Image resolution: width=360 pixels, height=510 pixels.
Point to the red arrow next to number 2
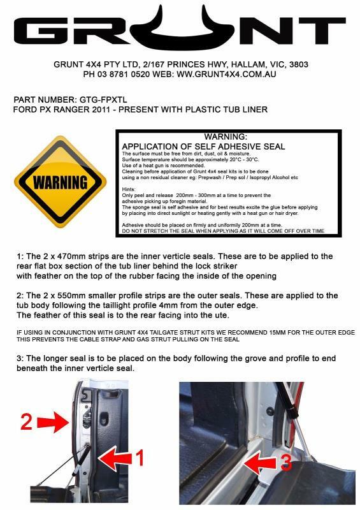click(53, 419)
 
